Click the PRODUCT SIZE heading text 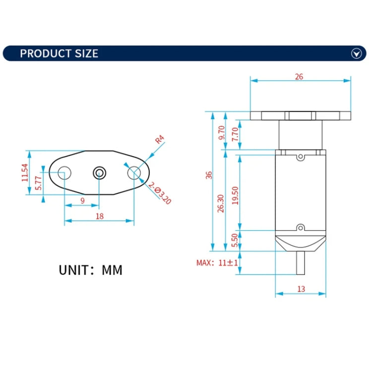coord(59,54)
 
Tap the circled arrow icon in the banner coord(356,54)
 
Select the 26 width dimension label coord(299,77)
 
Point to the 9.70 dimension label coord(222,133)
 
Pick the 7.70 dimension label coord(236,133)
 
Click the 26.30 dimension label coord(221,203)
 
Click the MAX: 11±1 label coord(217,263)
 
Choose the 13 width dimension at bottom coord(301,289)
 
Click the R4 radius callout coord(159,140)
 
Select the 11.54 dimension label coord(24,172)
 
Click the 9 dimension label coord(82,201)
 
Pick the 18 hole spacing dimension coord(99,216)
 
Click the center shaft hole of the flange coord(99,173)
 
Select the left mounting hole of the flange coord(64,173)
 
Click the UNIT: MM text coord(90,270)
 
